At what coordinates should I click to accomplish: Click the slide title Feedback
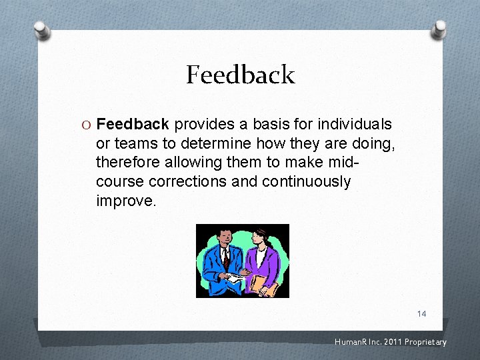[240, 75]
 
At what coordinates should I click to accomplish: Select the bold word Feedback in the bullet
[133, 125]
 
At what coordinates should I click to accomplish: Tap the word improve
[125, 201]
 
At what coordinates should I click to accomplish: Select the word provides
[203, 125]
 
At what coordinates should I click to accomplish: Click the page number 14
[421, 313]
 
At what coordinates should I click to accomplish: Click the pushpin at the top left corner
[42, 30]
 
